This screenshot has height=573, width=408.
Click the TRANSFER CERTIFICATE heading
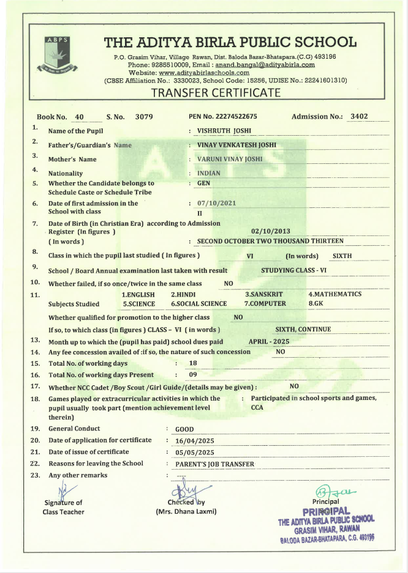(x=216, y=93)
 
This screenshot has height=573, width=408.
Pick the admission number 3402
(x=358, y=116)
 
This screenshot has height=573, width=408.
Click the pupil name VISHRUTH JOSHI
(x=224, y=130)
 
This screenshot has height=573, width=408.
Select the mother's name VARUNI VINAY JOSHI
(x=230, y=158)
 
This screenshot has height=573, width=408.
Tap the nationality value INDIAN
(x=209, y=173)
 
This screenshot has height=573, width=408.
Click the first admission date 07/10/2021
(x=217, y=203)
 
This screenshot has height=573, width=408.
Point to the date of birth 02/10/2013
(x=270, y=232)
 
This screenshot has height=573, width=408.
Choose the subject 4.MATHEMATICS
(x=334, y=294)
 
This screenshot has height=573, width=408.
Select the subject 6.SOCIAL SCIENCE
(x=198, y=303)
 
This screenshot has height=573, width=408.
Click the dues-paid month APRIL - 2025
(x=268, y=341)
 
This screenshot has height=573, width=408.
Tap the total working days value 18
(x=193, y=363)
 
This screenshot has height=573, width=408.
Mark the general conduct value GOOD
(x=184, y=429)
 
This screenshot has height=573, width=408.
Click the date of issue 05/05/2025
(x=195, y=453)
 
